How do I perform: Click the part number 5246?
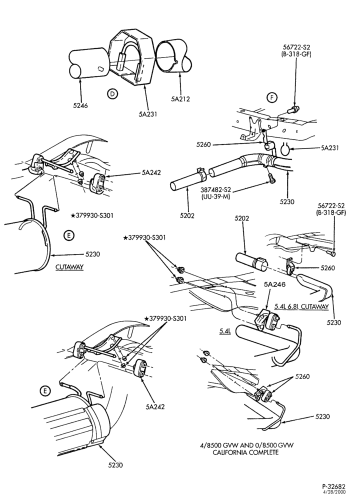pyautogui.click(x=80, y=105)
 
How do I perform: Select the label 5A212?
pyautogui.click(x=180, y=99)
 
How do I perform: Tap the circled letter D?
pyautogui.click(x=112, y=94)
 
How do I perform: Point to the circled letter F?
pyautogui.click(x=272, y=97)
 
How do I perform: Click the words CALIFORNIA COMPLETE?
pyautogui.click(x=245, y=452)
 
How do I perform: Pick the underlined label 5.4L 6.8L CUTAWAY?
pyautogui.click(x=301, y=307)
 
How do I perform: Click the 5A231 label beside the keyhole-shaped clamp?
pyautogui.click(x=330, y=147)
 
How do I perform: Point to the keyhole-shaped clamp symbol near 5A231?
pyautogui.click(x=287, y=148)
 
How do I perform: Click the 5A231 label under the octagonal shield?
pyautogui.click(x=148, y=113)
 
